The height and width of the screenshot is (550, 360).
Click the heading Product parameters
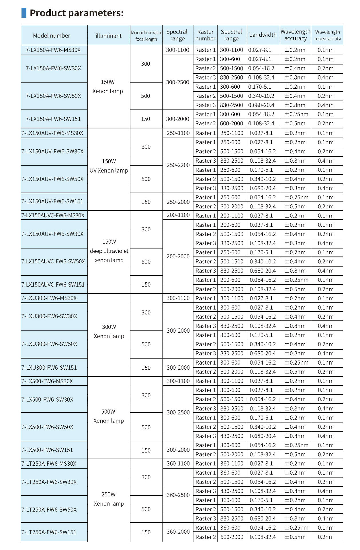(x=77, y=13)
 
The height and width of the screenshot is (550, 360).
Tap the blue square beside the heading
(x=24, y=13)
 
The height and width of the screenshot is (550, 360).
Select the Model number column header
(x=52, y=36)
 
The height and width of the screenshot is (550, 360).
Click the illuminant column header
(x=109, y=36)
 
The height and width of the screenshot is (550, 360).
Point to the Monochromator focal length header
(x=146, y=36)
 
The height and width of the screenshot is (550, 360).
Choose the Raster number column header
(x=205, y=35)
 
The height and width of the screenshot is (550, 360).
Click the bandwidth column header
(x=263, y=35)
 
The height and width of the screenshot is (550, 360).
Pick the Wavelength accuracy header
(x=296, y=35)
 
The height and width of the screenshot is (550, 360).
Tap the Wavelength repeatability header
(x=327, y=35)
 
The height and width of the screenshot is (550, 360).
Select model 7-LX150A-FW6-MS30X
(x=53, y=50)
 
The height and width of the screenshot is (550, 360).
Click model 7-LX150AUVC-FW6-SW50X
(x=53, y=261)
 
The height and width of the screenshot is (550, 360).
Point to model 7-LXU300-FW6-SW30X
(x=49, y=316)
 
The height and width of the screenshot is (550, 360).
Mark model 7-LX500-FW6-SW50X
(x=47, y=427)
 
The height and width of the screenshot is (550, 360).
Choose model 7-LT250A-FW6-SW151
(x=49, y=532)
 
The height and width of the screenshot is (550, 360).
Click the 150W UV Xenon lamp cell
(x=109, y=166)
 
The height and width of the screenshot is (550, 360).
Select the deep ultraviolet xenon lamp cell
(x=109, y=251)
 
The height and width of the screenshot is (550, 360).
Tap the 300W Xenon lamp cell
(x=109, y=331)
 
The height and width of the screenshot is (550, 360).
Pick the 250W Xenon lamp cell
(x=109, y=499)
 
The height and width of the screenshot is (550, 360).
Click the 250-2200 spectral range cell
(x=178, y=165)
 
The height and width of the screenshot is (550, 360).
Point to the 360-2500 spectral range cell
(x=178, y=495)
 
